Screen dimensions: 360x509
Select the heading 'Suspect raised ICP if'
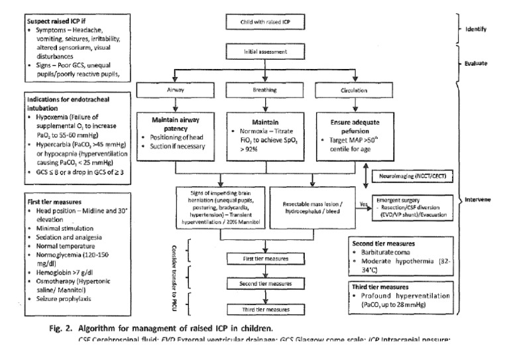point(52,20)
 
